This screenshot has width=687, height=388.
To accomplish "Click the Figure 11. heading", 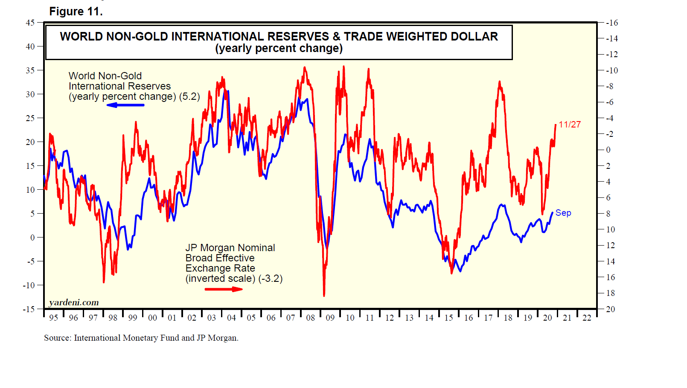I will (76, 12).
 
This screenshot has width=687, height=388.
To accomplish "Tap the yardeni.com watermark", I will (74, 302).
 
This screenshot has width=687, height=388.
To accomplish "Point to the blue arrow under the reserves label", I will (125, 105).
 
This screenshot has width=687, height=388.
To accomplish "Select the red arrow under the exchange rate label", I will (224, 289).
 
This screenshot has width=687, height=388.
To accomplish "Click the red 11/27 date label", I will (570, 125).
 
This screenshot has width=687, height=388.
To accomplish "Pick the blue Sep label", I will (563, 213).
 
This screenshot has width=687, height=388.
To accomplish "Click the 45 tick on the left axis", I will (30, 23).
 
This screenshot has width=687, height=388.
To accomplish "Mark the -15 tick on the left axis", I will (29, 309).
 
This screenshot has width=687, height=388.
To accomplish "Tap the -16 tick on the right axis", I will (612, 23).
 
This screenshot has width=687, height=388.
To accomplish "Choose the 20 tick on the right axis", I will (611, 309).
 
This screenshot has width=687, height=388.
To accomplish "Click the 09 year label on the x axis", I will (330, 318).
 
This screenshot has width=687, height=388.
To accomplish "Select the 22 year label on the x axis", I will (587, 318).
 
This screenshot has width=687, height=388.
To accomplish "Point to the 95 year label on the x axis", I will (53, 318).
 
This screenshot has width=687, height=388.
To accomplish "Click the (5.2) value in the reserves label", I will (189, 96).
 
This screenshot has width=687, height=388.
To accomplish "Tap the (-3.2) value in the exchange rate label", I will (270, 278).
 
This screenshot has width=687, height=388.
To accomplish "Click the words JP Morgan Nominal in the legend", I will (230, 248).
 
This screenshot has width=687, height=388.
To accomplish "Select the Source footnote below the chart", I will (141, 338).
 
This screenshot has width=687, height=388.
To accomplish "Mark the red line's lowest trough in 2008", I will (324, 295).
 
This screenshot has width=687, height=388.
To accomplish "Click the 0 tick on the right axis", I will (608, 150).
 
